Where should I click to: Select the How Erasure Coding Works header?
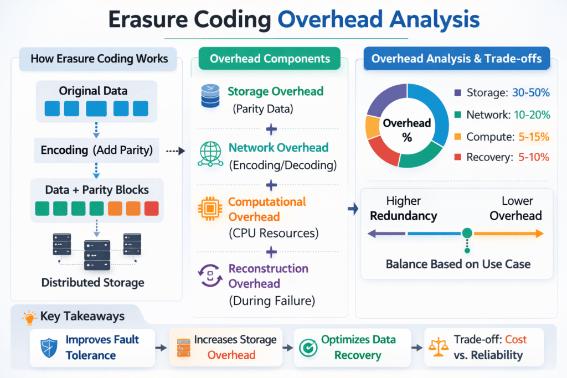[95, 59]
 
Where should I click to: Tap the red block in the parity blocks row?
[151, 209]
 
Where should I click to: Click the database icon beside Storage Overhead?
[210, 98]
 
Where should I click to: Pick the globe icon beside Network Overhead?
[210, 155]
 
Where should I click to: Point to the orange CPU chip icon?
[210, 209]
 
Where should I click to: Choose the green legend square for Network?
[457, 115]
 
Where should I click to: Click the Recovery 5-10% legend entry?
[501, 157]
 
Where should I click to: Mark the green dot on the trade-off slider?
[467, 234]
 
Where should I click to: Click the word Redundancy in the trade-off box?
[404, 216]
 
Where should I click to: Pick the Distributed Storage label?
[93, 282]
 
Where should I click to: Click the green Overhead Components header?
[270, 59]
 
